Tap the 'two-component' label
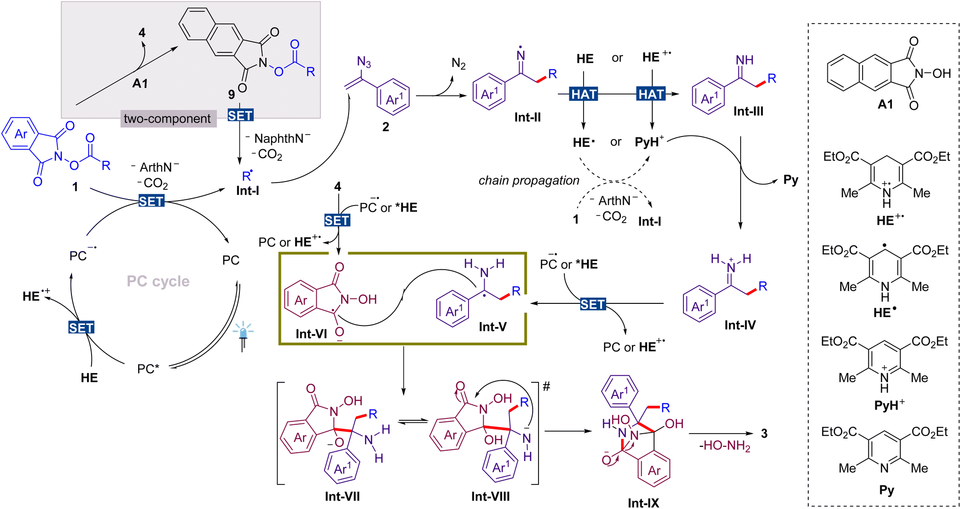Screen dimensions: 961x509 (167, 119)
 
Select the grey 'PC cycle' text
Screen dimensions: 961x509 (158, 281)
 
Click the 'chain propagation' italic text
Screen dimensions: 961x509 (529, 181)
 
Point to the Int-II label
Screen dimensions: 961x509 (528, 117)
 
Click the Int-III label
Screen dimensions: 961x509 (748, 112)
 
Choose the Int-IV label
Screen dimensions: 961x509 (740, 325)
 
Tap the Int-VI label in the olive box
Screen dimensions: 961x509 (311, 334)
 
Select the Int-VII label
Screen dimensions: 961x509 (342, 496)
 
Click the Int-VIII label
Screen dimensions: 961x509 (491, 496)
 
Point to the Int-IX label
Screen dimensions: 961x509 (643, 503)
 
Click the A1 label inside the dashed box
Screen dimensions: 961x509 (885, 104)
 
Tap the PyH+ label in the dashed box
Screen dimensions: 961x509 (889, 405)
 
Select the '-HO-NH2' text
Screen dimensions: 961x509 (725, 446)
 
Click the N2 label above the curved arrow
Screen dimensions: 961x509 (458, 64)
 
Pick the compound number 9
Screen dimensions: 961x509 (232, 94)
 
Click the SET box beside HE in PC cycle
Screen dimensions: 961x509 (81, 327)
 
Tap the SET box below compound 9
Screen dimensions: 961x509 (240, 116)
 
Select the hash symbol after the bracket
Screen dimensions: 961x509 (547, 387)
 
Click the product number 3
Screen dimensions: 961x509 (764, 433)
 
